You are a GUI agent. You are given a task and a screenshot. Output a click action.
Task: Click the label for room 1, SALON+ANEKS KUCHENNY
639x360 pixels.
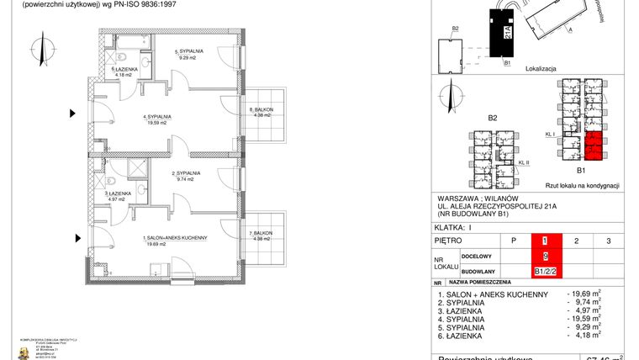(x=175, y=238)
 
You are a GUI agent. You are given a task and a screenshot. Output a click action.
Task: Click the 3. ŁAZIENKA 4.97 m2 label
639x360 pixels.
(x=118, y=199)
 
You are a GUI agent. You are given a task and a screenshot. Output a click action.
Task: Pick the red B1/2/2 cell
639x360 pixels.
(x=544, y=271)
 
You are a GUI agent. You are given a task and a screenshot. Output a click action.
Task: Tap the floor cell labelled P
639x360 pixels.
(x=513, y=241)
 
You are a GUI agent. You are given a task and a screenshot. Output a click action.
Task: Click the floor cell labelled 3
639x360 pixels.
(x=607, y=241)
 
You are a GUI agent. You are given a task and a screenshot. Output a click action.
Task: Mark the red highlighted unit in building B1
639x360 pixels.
(x=594, y=146)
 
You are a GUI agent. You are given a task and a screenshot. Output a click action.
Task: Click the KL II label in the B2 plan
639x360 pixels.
(x=523, y=162)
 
